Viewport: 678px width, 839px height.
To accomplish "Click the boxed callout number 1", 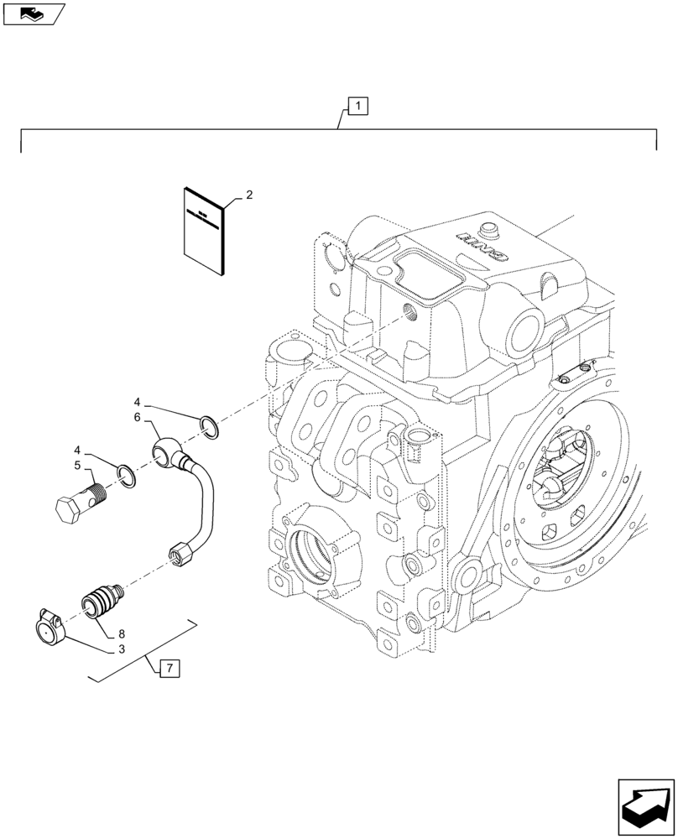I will [357, 107].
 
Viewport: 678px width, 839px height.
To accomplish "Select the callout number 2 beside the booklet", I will [249, 195].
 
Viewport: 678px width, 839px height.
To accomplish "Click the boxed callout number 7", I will [169, 668].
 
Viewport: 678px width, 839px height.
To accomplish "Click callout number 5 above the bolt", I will [76, 464].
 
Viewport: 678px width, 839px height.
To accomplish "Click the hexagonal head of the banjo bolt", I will [66, 511].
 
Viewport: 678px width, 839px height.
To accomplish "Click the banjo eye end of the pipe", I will [164, 453].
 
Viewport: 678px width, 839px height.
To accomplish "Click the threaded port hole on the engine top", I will [409, 314].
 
